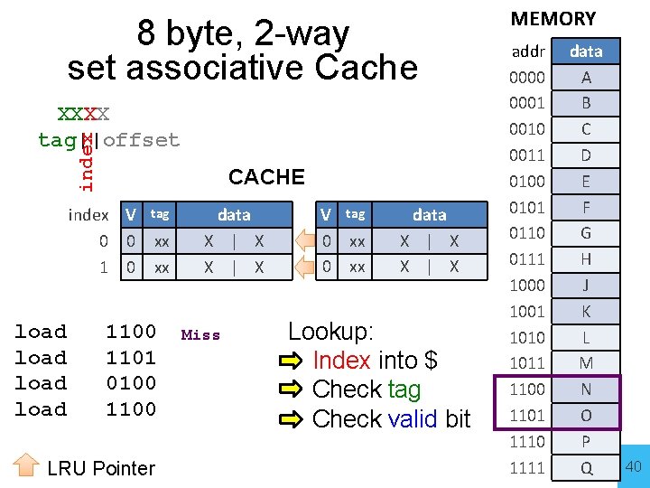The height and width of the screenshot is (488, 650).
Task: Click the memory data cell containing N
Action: point(586,389)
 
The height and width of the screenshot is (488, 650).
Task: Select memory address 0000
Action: point(527,78)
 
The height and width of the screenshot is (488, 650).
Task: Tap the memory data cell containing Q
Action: point(586,467)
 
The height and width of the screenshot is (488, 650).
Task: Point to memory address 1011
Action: point(527,363)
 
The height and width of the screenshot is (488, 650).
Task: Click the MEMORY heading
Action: point(553,18)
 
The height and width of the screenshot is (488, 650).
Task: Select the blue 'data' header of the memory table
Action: point(586,52)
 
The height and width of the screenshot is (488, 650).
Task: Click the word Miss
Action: point(200,335)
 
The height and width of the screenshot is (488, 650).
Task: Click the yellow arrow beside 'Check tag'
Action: point(293,390)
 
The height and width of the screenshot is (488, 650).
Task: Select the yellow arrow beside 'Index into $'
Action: point(293,361)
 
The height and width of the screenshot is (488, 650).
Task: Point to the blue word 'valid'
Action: point(413,419)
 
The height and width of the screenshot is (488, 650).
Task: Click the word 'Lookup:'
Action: point(330,331)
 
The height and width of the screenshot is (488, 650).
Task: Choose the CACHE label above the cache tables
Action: point(266,176)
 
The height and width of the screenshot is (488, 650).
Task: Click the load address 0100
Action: point(131,383)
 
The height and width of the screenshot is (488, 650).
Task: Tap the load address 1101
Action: point(131,358)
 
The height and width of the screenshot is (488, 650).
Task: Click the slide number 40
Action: point(633,466)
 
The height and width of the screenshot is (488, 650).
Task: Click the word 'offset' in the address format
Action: point(142,140)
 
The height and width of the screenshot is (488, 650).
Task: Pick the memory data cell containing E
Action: point(586,181)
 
